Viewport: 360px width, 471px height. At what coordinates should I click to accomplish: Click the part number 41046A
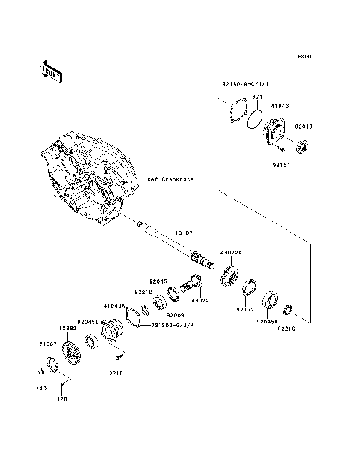pos(115,306)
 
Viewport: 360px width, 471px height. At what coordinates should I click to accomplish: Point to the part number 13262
pos(69,328)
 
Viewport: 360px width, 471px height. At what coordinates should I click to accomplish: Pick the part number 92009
pos(175,314)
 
